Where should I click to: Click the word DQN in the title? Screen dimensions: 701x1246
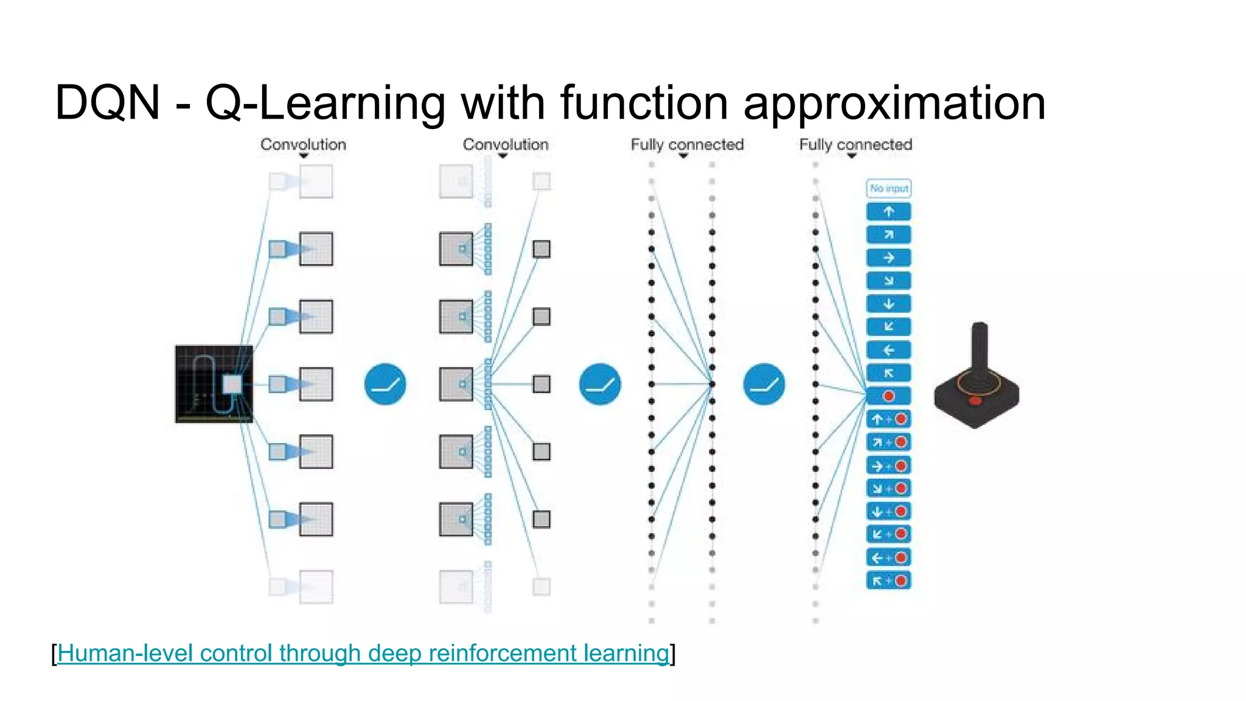107,103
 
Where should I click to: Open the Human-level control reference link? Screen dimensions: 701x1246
363,654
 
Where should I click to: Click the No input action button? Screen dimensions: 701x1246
888,189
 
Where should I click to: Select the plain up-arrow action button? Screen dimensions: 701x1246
888,212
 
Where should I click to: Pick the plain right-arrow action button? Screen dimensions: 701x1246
888,258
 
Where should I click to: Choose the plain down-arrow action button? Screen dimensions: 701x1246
888,304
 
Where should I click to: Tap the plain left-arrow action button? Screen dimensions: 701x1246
888,350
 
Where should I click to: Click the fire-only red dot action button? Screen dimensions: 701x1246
888,396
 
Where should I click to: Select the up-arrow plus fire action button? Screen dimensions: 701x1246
888,419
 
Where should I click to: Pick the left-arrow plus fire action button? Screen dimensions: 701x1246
888,557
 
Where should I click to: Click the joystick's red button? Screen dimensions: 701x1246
975,400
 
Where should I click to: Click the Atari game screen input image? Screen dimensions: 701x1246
214,384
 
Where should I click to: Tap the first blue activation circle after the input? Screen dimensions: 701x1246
385,384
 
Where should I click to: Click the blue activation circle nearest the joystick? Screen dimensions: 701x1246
764,384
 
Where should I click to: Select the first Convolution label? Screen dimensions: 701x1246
303,145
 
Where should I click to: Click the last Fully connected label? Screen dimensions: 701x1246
855,145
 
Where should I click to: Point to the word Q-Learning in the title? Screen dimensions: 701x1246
325,103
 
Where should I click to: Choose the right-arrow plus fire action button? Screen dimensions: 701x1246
888,466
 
